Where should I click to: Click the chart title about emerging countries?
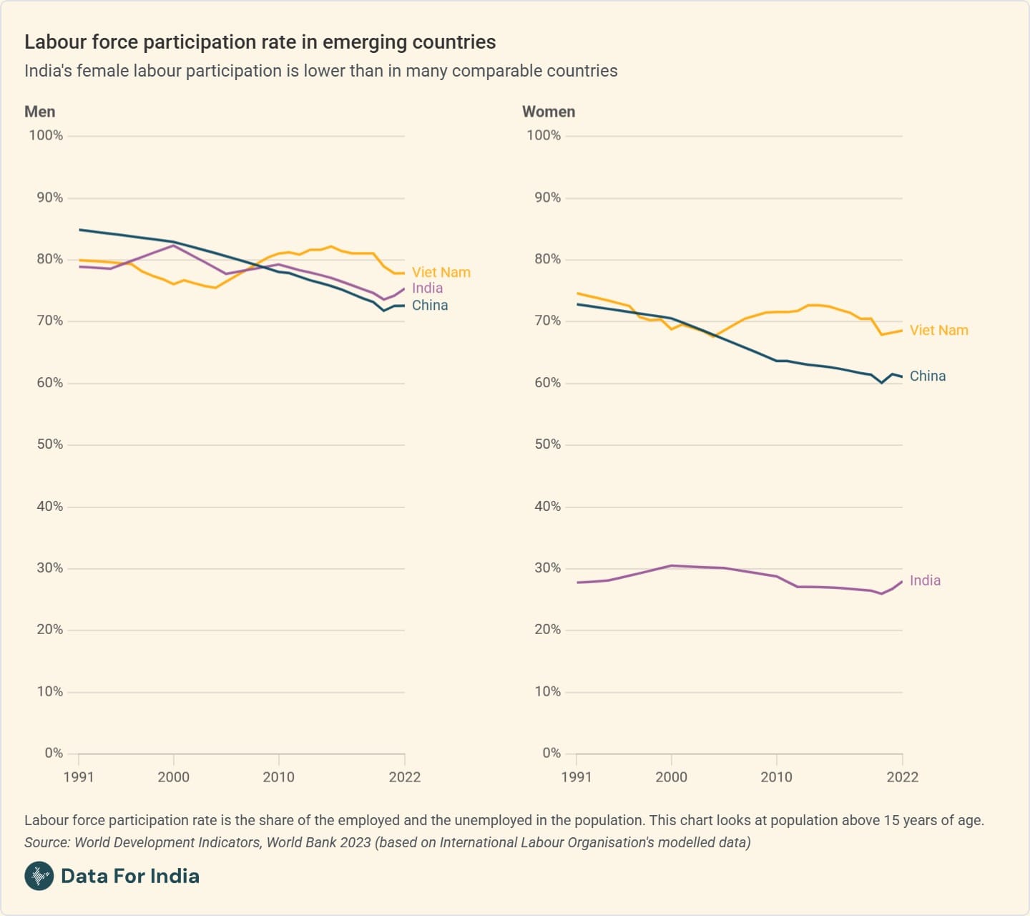coord(260,42)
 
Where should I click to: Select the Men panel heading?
coord(39,112)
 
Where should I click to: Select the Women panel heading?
coord(549,112)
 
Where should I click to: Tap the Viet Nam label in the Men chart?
coord(441,273)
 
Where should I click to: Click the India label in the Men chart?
coord(427,288)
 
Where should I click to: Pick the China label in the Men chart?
coord(430,306)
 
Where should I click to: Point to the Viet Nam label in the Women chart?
coord(938,331)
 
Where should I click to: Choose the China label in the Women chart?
coord(927,376)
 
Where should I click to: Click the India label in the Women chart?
coord(925,581)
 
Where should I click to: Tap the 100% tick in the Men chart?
coord(46,136)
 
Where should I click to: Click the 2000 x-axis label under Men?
coord(173,777)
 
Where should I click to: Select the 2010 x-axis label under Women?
coord(776,777)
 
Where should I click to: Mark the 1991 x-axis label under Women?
coord(577,777)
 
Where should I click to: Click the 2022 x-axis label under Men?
coord(404,777)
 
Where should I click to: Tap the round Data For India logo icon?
coord(39,876)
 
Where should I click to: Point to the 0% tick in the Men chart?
coord(54,754)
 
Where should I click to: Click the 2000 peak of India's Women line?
coord(672,565)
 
